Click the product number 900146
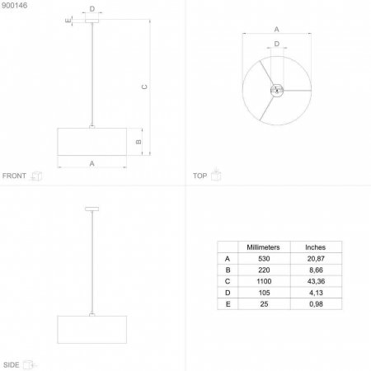point(15,6)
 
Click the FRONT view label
point(14,176)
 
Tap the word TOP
point(200,176)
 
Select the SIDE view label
point(12,365)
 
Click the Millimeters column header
point(263,247)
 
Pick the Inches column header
point(315,247)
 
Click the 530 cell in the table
point(264,259)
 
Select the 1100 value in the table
point(264,281)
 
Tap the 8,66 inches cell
point(316,270)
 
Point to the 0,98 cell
point(316,304)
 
